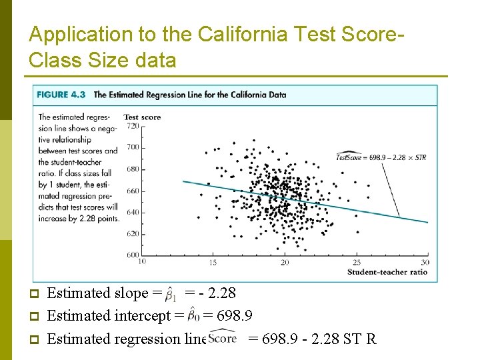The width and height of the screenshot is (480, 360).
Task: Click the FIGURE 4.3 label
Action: pyautogui.click(x=61, y=95)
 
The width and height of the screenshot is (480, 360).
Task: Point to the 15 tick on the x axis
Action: pyautogui.click(x=213, y=263)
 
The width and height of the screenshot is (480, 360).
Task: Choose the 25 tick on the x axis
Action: pyautogui.click(x=356, y=263)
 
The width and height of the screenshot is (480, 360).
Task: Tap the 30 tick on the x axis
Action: pyautogui.click(x=425, y=263)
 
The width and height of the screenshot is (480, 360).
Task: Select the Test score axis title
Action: pyautogui.click(x=142, y=117)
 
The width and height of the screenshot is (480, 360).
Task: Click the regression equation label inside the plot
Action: pyautogui.click(x=381, y=157)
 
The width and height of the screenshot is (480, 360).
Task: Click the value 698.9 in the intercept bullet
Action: pyautogui.click(x=232, y=316)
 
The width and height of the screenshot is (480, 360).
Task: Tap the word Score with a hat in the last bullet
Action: pyautogui.click(x=223, y=337)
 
